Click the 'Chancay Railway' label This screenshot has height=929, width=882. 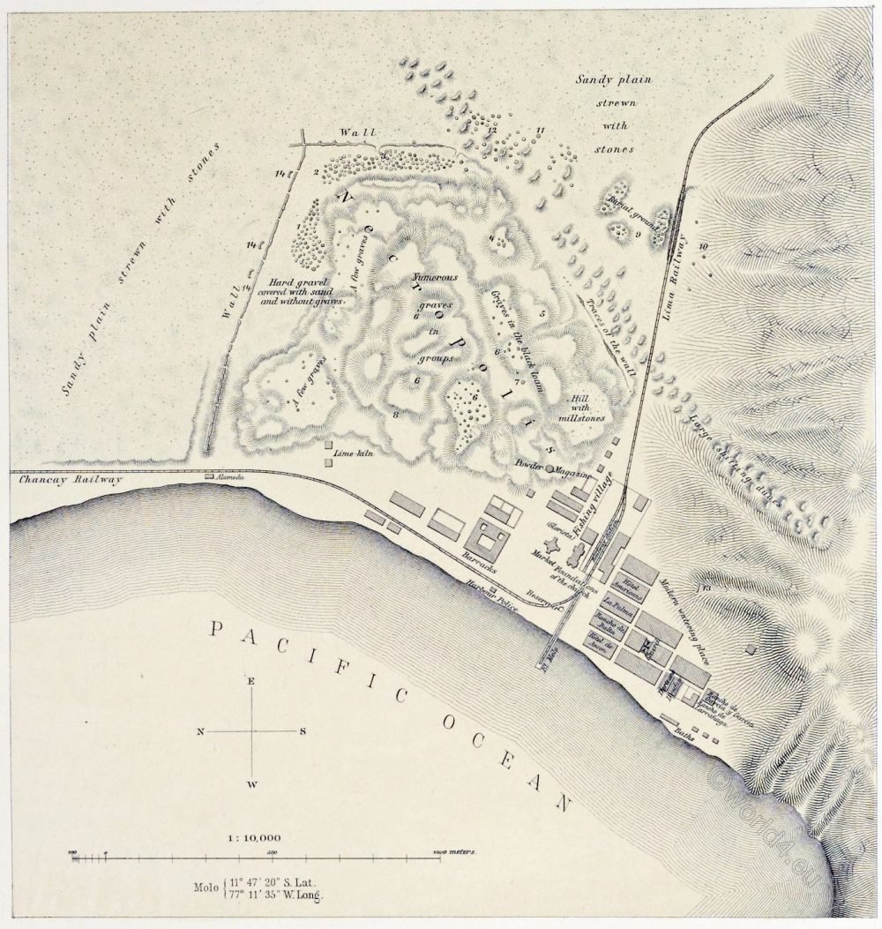[x=65, y=481]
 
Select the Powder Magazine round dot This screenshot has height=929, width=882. [x=550, y=469]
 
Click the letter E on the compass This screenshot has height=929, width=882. [x=251, y=681]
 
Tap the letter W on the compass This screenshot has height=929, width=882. [x=251, y=783]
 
